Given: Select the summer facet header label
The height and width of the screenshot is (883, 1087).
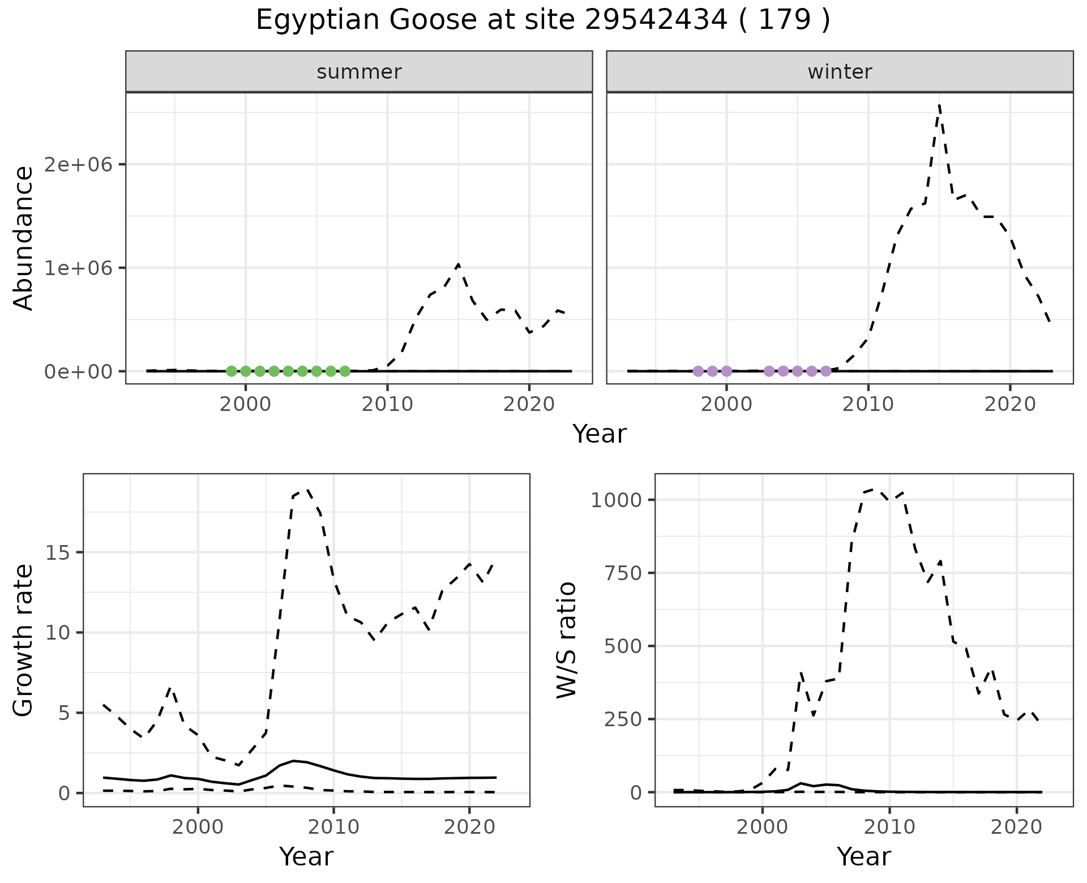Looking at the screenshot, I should click(359, 72).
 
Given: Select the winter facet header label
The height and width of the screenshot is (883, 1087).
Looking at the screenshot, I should click(840, 72).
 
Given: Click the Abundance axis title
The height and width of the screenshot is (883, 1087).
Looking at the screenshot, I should click(24, 238).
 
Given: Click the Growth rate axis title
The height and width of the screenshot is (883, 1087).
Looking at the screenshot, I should click(24, 640).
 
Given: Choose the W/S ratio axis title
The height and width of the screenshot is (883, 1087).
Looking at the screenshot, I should click(566, 640).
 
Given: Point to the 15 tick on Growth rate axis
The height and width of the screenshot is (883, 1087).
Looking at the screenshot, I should click(59, 552).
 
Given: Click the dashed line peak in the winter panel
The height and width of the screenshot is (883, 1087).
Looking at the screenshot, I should click(939, 105).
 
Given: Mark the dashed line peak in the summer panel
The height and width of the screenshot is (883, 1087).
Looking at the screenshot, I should click(458, 264).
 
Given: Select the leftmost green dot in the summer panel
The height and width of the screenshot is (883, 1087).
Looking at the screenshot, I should click(231, 371).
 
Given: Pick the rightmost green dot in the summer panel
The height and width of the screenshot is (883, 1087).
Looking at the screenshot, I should click(345, 371).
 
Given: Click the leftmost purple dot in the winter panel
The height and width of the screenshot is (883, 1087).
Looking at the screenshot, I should click(698, 371).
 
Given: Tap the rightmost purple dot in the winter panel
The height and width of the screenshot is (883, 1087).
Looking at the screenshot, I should click(826, 371).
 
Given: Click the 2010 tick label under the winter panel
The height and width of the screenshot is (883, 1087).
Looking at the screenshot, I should click(868, 404).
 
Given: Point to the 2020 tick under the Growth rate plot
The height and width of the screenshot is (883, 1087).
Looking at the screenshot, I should click(469, 827).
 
